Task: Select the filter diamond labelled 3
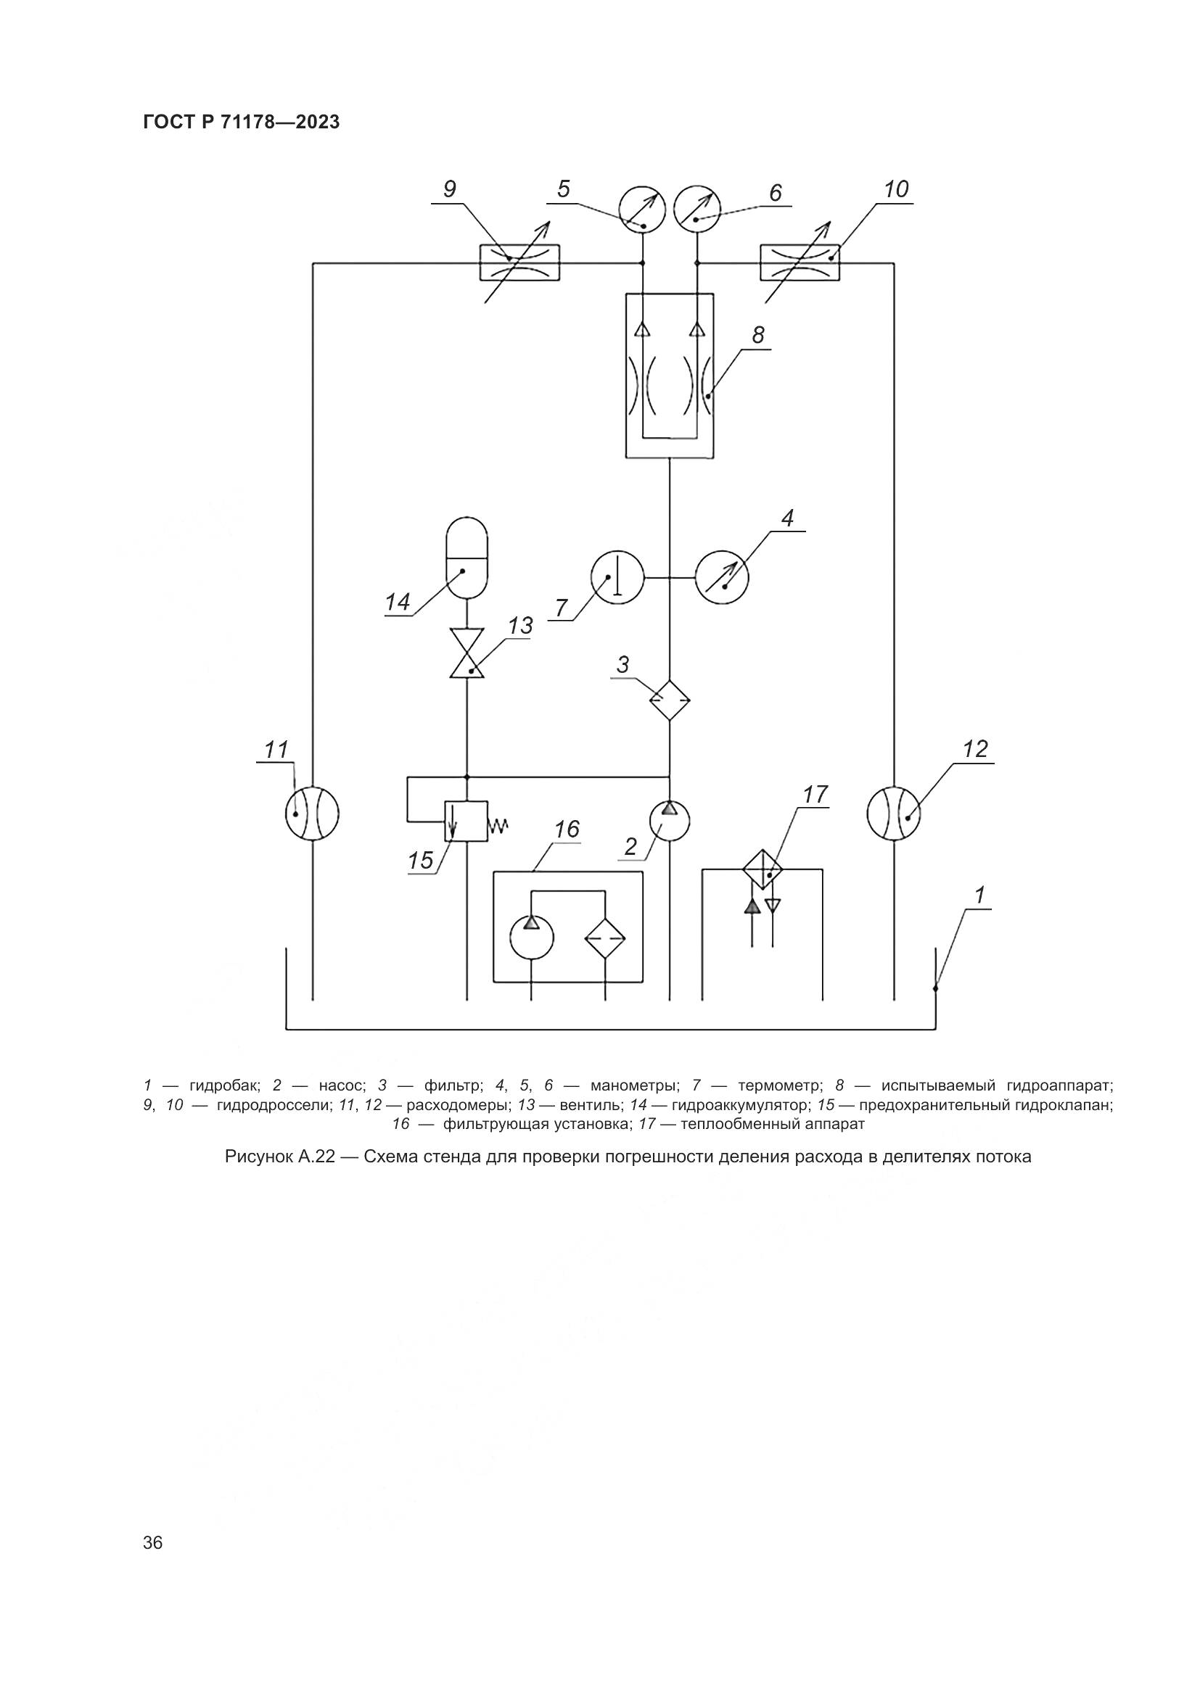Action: pyautogui.click(x=669, y=700)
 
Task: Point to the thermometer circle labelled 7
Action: pyautogui.click(x=617, y=577)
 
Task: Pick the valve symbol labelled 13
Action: pyautogui.click(x=467, y=654)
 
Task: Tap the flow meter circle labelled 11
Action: pyautogui.click(x=312, y=814)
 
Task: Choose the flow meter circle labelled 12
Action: pyautogui.click(x=893, y=813)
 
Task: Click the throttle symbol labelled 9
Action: pyautogui.click(x=519, y=262)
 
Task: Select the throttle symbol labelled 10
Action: pyautogui.click(x=800, y=262)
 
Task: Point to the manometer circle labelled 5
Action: pyautogui.click(x=642, y=210)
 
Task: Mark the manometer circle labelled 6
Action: pyautogui.click(x=697, y=210)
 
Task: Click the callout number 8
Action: pyautogui.click(x=758, y=336)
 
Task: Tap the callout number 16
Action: pyautogui.click(x=567, y=830)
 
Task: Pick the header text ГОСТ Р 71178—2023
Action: pyautogui.click(x=241, y=123)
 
